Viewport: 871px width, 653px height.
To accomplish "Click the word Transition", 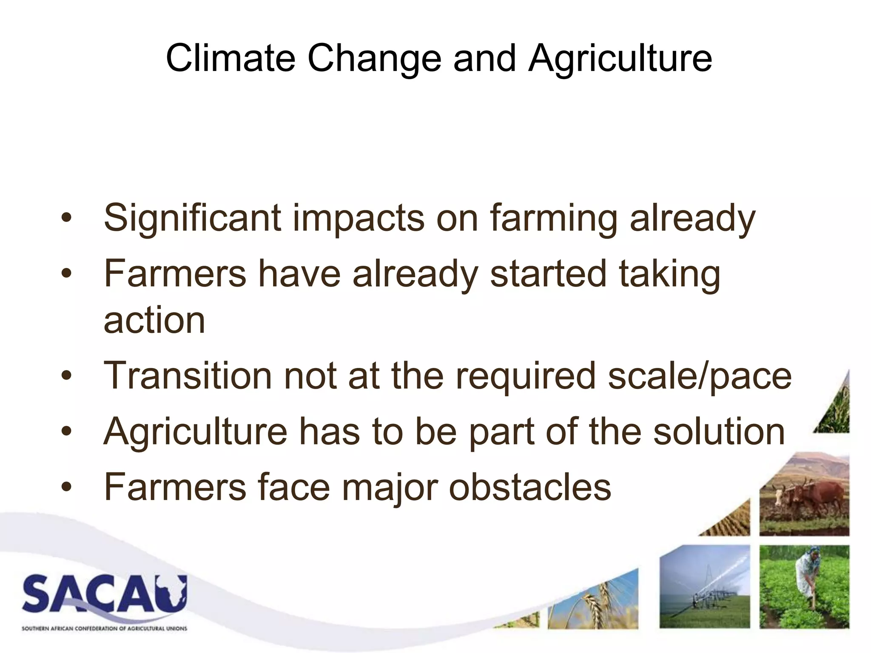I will pyautogui.click(x=188, y=375).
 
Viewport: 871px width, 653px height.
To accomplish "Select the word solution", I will pyautogui.click(x=719, y=432).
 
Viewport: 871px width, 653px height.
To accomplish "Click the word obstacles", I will pyautogui.click(x=530, y=487).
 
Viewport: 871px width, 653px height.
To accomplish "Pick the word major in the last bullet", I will pyautogui.click(x=390, y=488).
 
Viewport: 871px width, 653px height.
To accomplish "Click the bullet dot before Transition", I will pyautogui.click(x=66, y=376).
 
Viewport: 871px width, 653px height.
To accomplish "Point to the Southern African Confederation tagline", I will pyautogui.click(x=104, y=628).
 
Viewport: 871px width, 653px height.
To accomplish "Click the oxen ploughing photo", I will pyautogui.click(x=804, y=497).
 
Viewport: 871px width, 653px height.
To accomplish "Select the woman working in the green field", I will pyautogui.click(x=804, y=587).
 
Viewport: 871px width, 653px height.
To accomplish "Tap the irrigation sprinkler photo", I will pyautogui.click(x=705, y=587).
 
